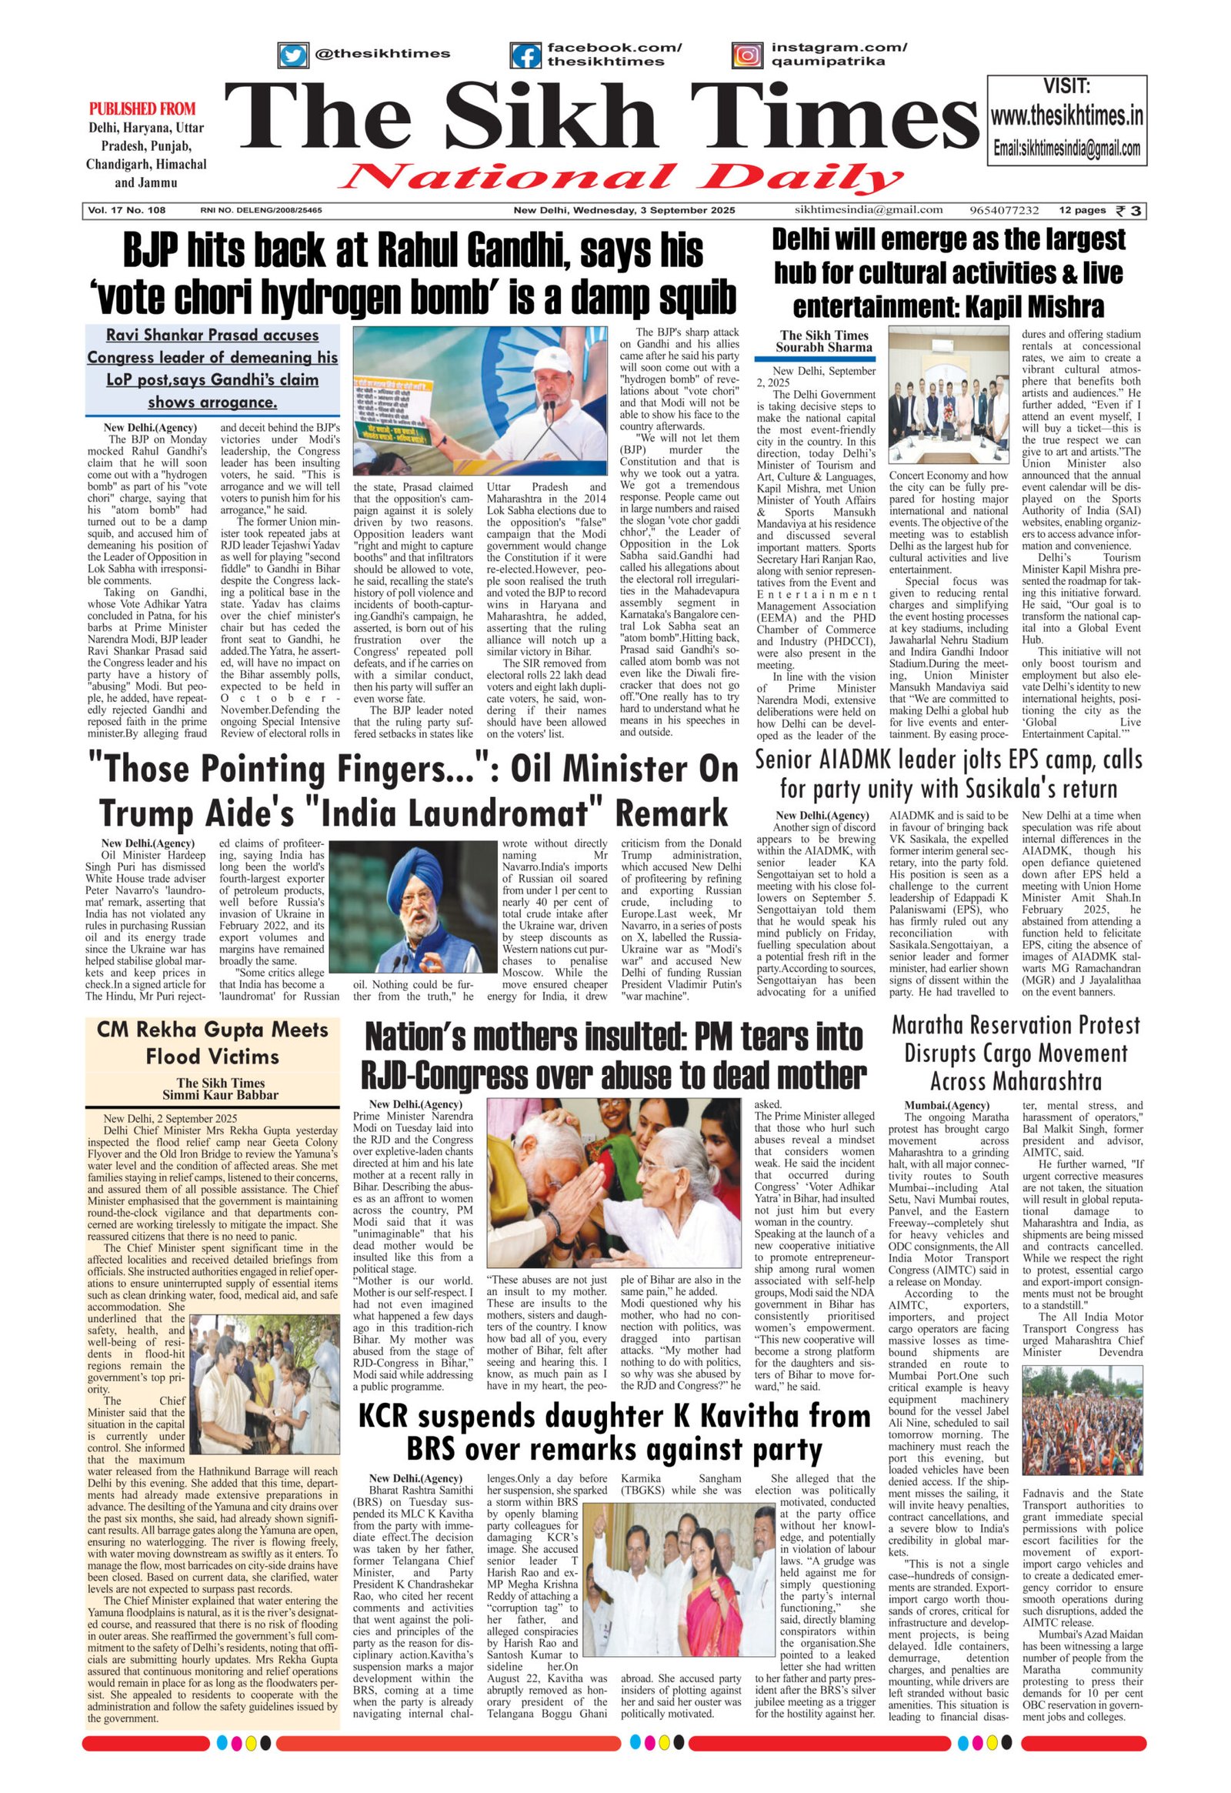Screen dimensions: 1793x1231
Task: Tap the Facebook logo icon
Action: tap(526, 55)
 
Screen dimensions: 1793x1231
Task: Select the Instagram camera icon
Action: tap(746, 55)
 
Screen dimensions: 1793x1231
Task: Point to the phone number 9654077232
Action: tap(1004, 210)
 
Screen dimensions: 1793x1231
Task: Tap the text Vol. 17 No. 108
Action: tap(127, 210)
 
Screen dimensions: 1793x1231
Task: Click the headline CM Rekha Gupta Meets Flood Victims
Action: tap(212, 1043)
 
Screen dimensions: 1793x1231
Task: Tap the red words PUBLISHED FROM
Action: tap(142, 109)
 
